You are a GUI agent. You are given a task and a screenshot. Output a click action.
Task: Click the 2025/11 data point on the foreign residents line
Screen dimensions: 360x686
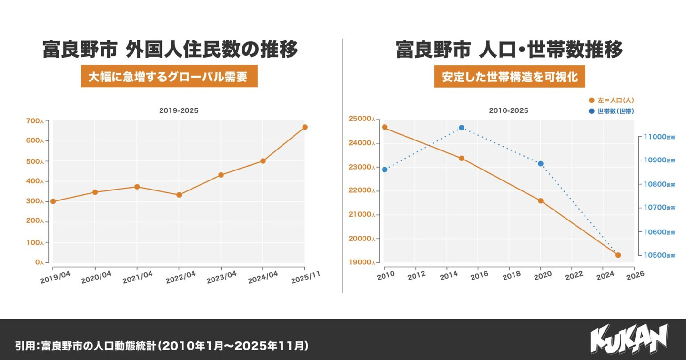tap(305, 127)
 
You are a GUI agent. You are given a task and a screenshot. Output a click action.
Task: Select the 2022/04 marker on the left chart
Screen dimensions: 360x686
tap(179, 195)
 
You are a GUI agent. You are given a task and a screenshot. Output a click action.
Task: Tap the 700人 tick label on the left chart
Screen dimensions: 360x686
tap(35, 121)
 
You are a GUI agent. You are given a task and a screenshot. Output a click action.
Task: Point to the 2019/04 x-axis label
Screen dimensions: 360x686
tap(55, 278)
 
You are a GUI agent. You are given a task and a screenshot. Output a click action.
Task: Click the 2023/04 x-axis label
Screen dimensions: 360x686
tap(222, 277)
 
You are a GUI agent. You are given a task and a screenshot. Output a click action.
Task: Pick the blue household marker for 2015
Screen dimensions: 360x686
tap(462, 128)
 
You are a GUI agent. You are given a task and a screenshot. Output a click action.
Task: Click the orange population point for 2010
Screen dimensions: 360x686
tap(384, 127)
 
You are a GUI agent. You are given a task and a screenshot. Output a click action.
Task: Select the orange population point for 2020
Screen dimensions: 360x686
tap(541, 201)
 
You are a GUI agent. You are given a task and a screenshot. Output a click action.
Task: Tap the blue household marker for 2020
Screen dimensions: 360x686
tap(540, 164)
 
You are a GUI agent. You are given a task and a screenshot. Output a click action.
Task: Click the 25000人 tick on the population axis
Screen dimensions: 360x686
tap(361, 119)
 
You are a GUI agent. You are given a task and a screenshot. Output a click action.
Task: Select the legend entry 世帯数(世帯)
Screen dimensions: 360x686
tap(615, 111)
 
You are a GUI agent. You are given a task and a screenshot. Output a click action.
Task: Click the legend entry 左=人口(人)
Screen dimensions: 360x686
tap(615, 100)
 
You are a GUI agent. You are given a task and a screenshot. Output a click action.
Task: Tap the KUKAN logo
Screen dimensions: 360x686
tap(629, 339)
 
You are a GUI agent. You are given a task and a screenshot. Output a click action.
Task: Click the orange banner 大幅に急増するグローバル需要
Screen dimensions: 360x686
tap(169, 76)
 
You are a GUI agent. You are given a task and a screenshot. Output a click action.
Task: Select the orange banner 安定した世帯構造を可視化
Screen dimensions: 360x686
tap(509, 76)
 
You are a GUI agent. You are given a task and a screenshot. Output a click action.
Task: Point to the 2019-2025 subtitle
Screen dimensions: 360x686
tap(179, 110)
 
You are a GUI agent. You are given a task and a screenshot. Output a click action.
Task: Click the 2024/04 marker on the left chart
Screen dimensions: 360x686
tap(263, 161)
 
